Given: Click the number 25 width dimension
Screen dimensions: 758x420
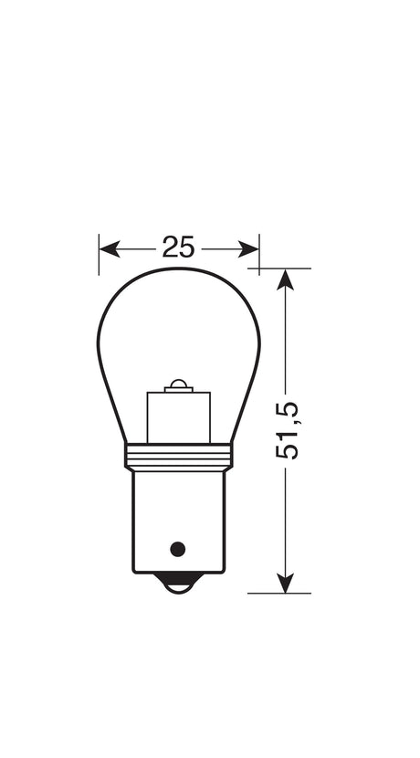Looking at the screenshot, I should [x=179, y=247].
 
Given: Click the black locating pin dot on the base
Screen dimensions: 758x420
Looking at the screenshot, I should [x=178, y=549].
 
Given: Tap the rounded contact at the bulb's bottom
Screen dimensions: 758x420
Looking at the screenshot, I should [x=179, y=583].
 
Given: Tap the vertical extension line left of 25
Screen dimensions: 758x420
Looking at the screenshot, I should [x=99, y=254].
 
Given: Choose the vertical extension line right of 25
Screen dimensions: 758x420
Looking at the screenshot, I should [x=259, y=254].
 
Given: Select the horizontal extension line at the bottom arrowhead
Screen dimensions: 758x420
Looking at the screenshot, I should [x=279, y=593].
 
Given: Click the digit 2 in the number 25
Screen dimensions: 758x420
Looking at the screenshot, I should [x=171, y=247].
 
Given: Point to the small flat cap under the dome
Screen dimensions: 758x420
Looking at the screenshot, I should [x=180, y=390].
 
